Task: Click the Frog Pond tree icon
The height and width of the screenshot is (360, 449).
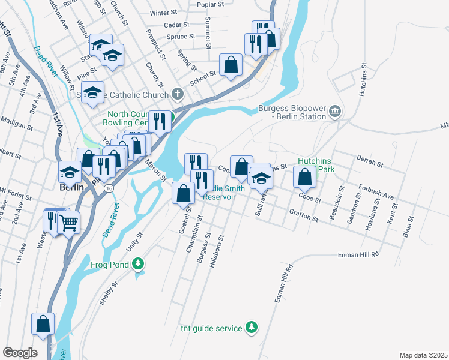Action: point(139,263)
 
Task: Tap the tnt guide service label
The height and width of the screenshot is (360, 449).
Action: point(211,328)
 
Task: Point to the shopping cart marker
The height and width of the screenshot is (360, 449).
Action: point(68,223)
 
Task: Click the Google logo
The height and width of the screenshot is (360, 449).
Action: point(20,352)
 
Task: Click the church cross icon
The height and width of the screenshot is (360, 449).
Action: point(176,94)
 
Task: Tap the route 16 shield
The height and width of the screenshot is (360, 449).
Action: point(108,188)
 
